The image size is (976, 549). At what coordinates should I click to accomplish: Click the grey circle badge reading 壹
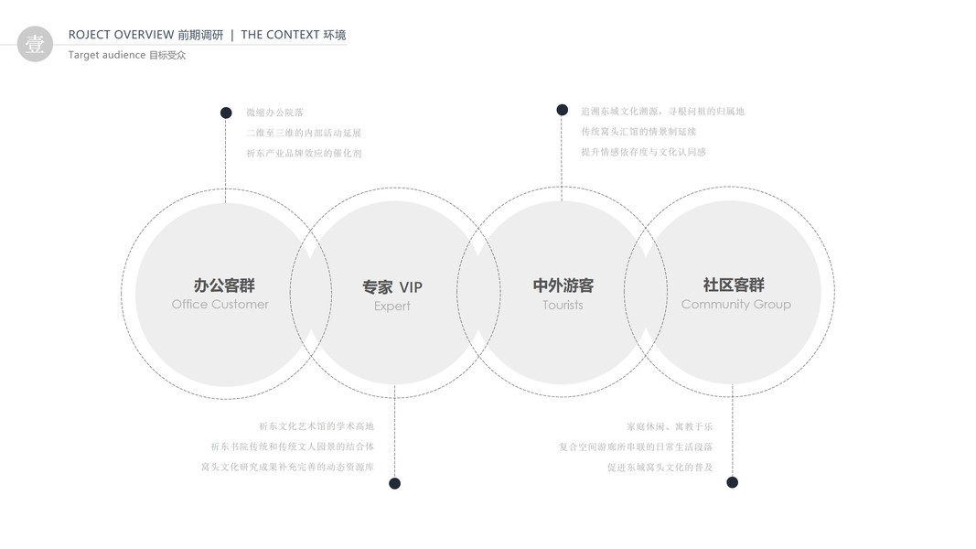(35, 44)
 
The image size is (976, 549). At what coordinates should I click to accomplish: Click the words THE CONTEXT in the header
(279, 35)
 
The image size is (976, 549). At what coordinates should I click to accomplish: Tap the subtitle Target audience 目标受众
(126, 55)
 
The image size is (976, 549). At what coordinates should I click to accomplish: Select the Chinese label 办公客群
(224, 285)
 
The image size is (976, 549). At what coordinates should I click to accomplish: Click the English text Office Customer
(220, 305)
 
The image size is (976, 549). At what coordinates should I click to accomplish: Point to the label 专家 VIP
(392, 287)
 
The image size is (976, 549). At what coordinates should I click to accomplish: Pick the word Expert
(392, 307)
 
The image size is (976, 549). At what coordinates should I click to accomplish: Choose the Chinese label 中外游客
(563, 285)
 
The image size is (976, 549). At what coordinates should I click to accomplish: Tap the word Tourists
(563, 306)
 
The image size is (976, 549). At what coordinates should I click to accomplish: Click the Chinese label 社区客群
(734, 285)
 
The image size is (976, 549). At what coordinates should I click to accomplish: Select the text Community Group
(735, 305)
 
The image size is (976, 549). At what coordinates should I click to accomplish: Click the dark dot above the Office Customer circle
(226, 113)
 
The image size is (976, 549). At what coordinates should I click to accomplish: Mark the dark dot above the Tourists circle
(563, 110)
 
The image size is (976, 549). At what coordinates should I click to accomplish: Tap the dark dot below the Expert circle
(394, 483)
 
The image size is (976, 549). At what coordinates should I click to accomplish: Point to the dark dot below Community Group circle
(732, 482)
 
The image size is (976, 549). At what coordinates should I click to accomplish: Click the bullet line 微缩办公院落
(274, 113)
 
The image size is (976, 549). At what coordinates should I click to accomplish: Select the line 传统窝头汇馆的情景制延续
(638, 132)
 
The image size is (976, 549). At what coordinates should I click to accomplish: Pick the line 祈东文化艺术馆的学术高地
(316, 426)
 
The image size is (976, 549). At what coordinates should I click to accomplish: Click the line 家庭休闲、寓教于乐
(670, 426)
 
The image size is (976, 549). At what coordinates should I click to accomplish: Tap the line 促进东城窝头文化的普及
(660, 468)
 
